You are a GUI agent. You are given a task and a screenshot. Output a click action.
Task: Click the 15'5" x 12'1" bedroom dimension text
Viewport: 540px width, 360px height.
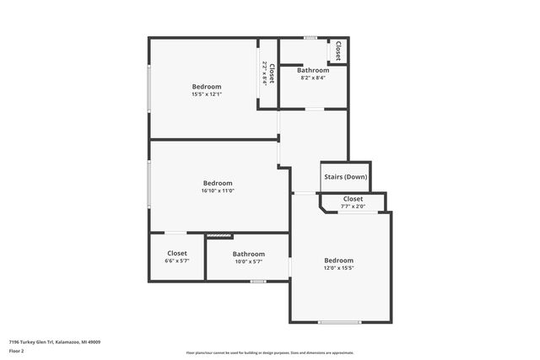[x=206, y=94]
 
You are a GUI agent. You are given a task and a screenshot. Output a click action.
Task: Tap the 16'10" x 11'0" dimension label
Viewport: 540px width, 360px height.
[x=217, y=191]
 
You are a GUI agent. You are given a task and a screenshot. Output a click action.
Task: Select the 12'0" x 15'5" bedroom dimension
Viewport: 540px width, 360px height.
[x=338, y=268]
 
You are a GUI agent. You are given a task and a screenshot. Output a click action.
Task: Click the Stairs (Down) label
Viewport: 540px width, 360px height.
[x=345, y=177]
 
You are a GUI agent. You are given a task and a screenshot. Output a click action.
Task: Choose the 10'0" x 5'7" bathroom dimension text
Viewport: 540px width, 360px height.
[x=249, y=261]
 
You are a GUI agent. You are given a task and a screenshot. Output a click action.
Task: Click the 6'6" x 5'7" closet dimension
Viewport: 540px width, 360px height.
[x=177, y=261]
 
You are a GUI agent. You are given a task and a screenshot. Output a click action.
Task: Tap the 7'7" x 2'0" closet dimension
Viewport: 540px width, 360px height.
[x=353, y=206]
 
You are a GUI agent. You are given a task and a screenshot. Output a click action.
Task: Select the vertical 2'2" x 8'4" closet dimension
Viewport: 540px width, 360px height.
[x=265, y=73]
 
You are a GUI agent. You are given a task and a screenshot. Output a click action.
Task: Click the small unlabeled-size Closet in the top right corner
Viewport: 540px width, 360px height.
[x=338, y=51]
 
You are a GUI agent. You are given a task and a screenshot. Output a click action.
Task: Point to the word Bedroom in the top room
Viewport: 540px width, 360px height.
[x=206, y=87]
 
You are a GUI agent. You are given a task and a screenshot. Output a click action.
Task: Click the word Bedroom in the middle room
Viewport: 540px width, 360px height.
[x=217, y=183]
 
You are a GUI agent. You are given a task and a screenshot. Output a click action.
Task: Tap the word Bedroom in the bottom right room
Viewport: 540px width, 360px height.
[x=338, y=261]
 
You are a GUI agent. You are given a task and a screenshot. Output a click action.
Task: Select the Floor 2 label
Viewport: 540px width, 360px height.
[x=17, y=350]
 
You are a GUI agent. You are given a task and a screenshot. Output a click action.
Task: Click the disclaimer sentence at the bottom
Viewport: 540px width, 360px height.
[x=269, y=352]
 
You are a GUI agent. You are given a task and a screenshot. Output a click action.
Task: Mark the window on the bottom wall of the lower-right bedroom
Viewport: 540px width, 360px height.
[x=339, y=322]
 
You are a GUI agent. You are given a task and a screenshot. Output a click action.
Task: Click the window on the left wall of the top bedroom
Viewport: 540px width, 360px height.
[x=149, y=87]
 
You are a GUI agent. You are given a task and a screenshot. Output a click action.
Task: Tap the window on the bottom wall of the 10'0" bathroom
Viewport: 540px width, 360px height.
[x=257, y=281]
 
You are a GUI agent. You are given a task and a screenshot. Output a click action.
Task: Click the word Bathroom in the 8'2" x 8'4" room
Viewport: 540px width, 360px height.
[x=313, y=70]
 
